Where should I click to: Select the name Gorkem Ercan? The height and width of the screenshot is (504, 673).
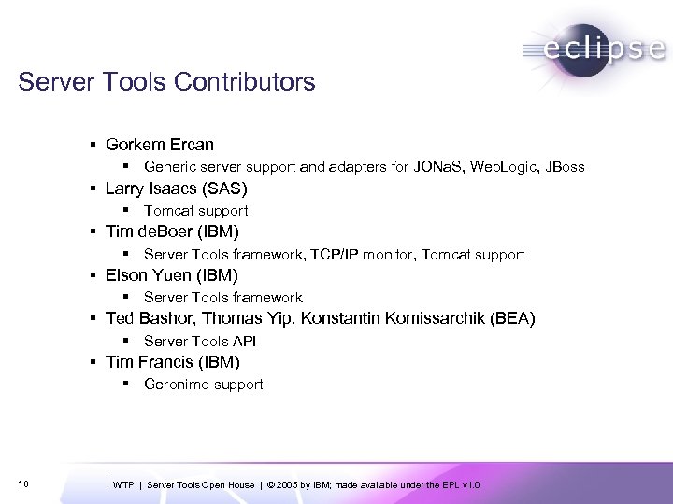160,145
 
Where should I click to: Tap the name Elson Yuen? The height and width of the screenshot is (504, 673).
146,275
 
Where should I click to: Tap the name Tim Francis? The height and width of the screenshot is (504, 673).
147,362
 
